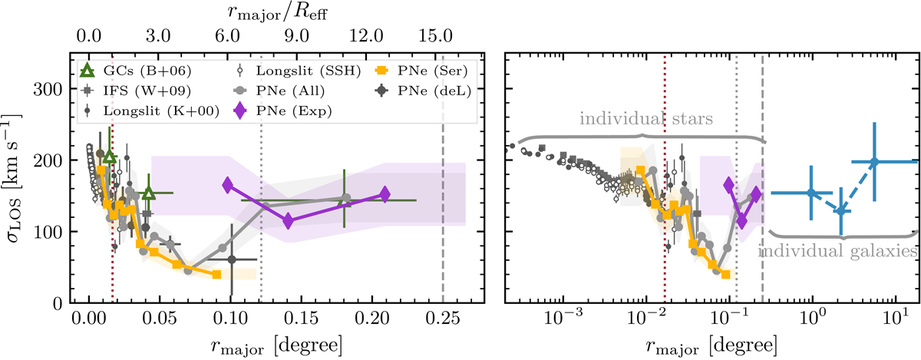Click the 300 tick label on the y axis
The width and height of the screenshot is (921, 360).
click(x=51, y=88)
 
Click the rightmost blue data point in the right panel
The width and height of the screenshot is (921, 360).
click(x=873, y=162)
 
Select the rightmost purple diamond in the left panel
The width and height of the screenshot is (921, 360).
click(x=385, y=194)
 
